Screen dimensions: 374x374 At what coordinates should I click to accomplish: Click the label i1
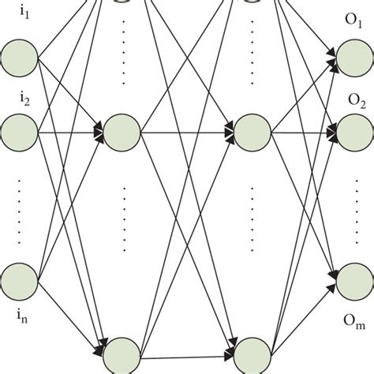21,24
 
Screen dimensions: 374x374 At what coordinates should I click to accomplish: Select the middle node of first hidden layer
122,129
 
